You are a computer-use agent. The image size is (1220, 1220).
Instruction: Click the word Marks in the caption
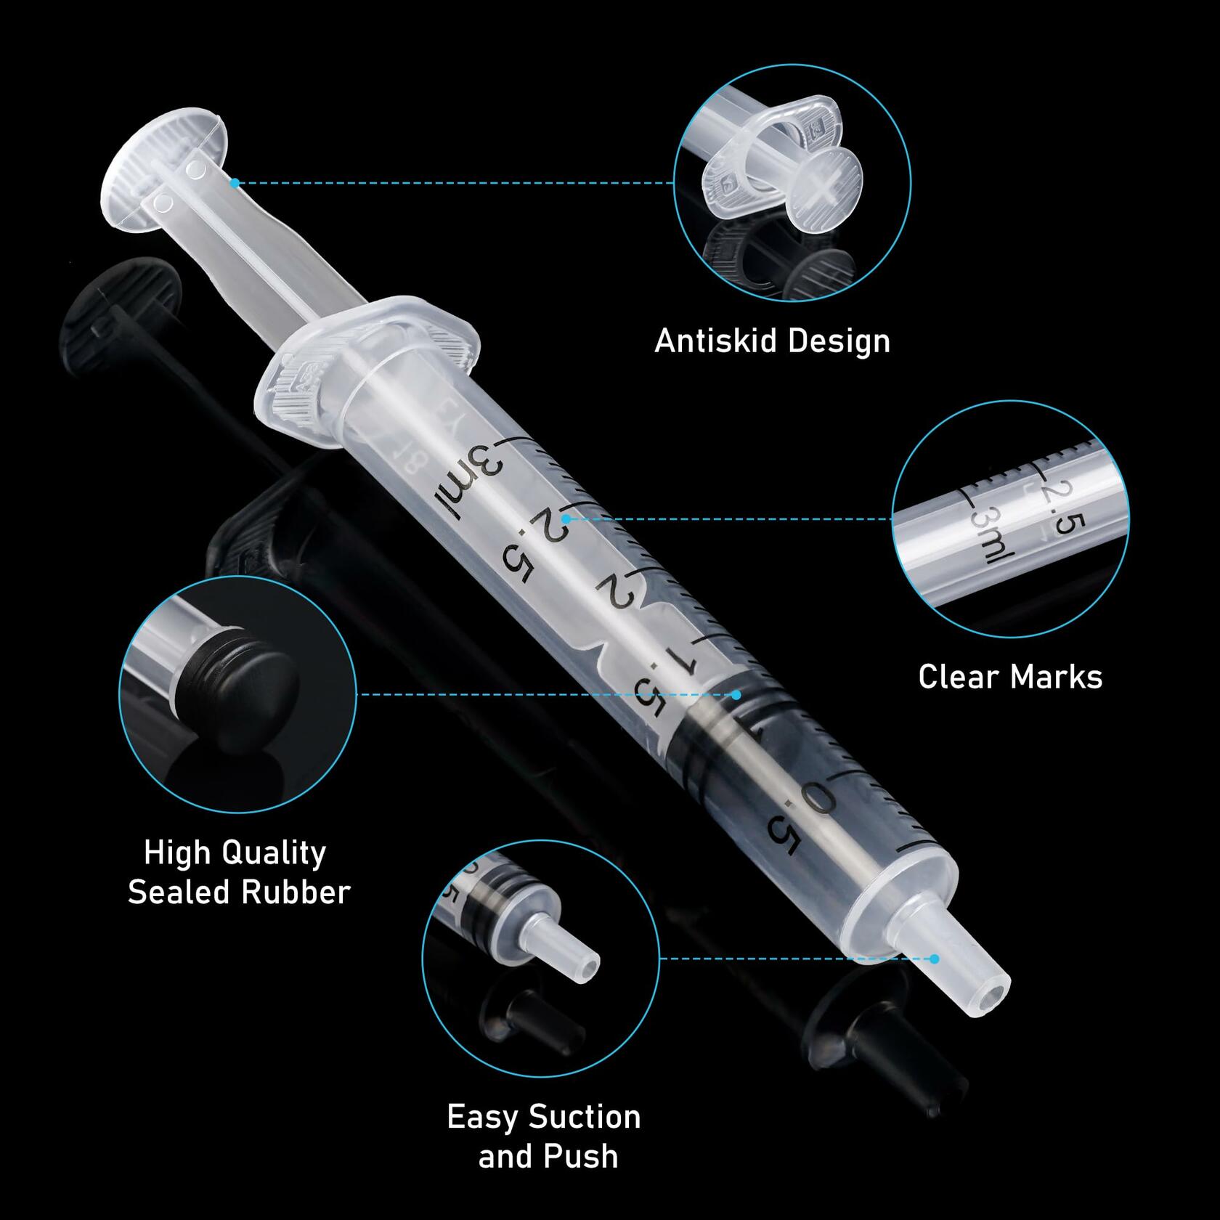(1057, 677)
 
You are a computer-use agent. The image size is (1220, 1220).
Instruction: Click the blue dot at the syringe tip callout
(935, 959)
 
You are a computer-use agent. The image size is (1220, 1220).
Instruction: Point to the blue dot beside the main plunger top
(235, 183)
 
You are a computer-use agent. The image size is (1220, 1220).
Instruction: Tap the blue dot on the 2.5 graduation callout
(566, 519)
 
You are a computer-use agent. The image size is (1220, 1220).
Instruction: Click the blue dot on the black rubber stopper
(736, 695)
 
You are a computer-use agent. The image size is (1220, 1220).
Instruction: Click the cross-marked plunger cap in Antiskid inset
(829, 190)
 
